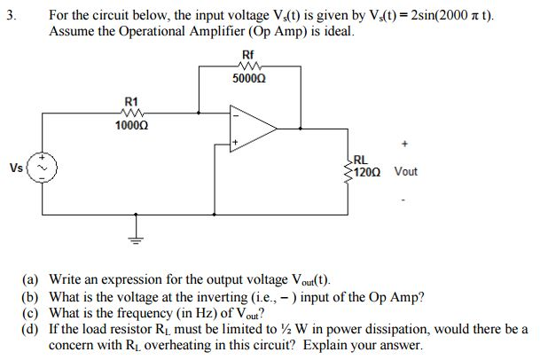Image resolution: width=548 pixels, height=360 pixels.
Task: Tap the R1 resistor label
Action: point(129,102)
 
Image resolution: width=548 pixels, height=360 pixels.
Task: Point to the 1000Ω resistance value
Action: point(129,127)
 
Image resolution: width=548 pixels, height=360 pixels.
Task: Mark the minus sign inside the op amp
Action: point(236,113)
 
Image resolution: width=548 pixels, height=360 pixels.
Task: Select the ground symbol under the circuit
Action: point(137,237)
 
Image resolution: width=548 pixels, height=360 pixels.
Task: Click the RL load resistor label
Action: point(361,160)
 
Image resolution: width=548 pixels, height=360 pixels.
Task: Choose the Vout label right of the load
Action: point(409,172)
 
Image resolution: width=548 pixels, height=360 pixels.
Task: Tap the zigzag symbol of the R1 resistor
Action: point(129,113)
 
